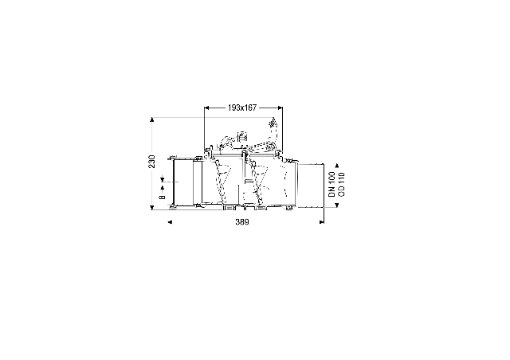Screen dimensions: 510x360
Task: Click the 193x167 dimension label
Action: tap(242, 108)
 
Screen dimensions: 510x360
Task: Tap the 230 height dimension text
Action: tap(152, 162)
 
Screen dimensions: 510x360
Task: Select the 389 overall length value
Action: tap(242, 221)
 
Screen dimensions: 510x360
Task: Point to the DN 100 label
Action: tap(331, 184)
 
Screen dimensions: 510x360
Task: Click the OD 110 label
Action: tap(341, 184)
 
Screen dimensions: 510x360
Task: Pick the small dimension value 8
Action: tap(162, 197)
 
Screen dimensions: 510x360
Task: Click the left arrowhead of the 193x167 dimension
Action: tap(206, 108)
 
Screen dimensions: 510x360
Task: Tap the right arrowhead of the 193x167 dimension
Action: tap(280, 108)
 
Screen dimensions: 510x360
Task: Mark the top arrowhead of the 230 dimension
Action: tap(152, 119)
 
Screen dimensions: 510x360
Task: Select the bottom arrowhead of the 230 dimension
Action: tap(152, 208)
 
